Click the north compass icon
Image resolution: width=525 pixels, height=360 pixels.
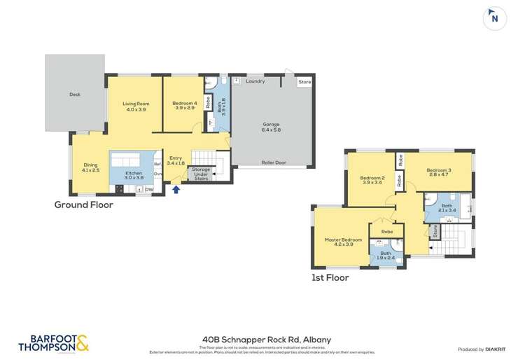[x=494, y=19]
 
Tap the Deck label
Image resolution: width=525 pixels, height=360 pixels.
[x=75, y=95]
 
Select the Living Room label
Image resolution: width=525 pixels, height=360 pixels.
[x=137, y=107]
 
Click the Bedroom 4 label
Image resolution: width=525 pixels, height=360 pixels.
[x=184, y=106]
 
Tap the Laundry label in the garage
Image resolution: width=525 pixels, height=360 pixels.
[x=255, y=81]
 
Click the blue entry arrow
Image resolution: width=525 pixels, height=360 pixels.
[x=176, y=189]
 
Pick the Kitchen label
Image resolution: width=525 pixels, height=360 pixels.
[x=133, y=175]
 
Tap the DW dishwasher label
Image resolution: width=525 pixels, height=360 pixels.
[x=149, y=188]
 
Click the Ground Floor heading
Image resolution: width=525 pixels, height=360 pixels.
[x=83, y=205]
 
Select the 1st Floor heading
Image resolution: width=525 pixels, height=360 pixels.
[x=330, y=277]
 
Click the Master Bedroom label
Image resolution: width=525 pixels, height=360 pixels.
[x=343, y=242]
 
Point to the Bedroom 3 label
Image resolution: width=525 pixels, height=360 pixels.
[x=439, y=172]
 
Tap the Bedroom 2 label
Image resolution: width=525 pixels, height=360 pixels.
[x=372, y=181]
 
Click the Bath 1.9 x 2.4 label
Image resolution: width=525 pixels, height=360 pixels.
[x=386, y=256]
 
